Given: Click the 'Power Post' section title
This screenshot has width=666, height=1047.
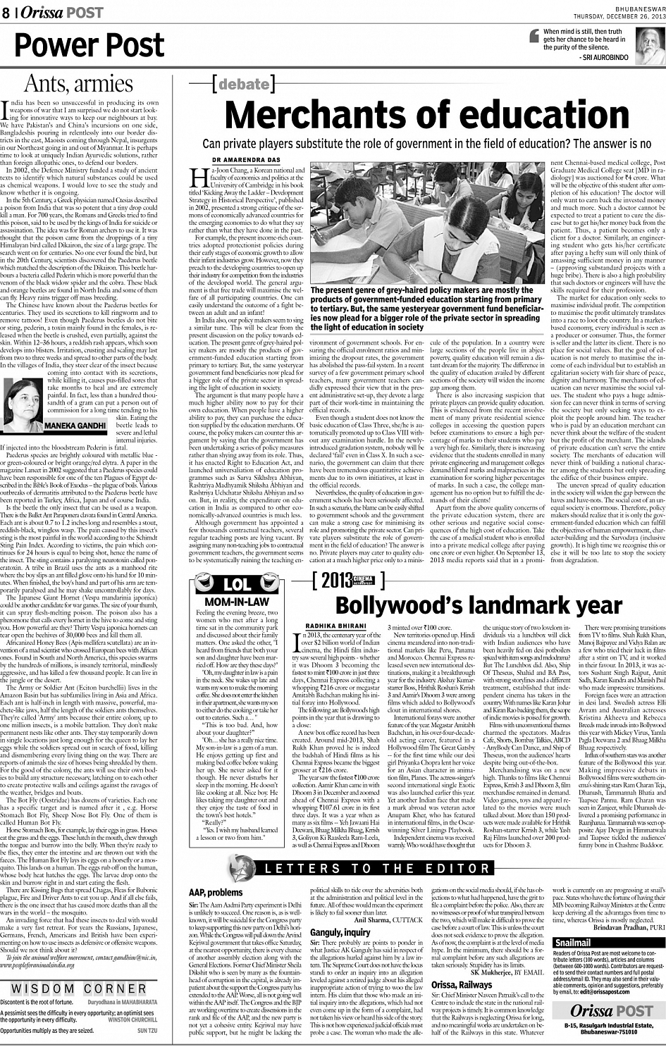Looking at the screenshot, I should coord(90,45).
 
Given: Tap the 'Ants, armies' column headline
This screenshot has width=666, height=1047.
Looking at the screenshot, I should coord(79,83).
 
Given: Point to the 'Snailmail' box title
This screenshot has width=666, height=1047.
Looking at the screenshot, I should coord(573,943).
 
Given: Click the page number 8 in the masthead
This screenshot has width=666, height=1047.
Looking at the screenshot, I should coord(6,13).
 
